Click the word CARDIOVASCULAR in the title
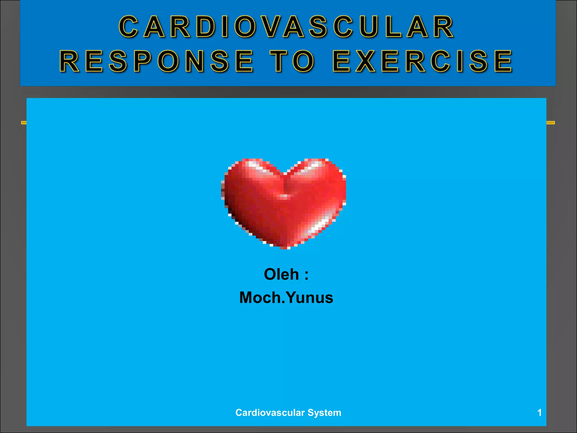click(286, 26)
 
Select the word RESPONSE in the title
click(157, 61)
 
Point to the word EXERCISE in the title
click(423, 61)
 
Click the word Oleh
click(281, 274)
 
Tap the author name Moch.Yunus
click(286, 298)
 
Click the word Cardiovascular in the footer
click(270, 413)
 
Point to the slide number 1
click(539, 413)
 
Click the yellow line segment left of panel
click(24, 123)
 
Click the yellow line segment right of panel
click(551, 123)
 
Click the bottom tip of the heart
click(285, 248)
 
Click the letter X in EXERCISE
click(365, 61)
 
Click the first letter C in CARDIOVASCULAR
click(128, 27)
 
